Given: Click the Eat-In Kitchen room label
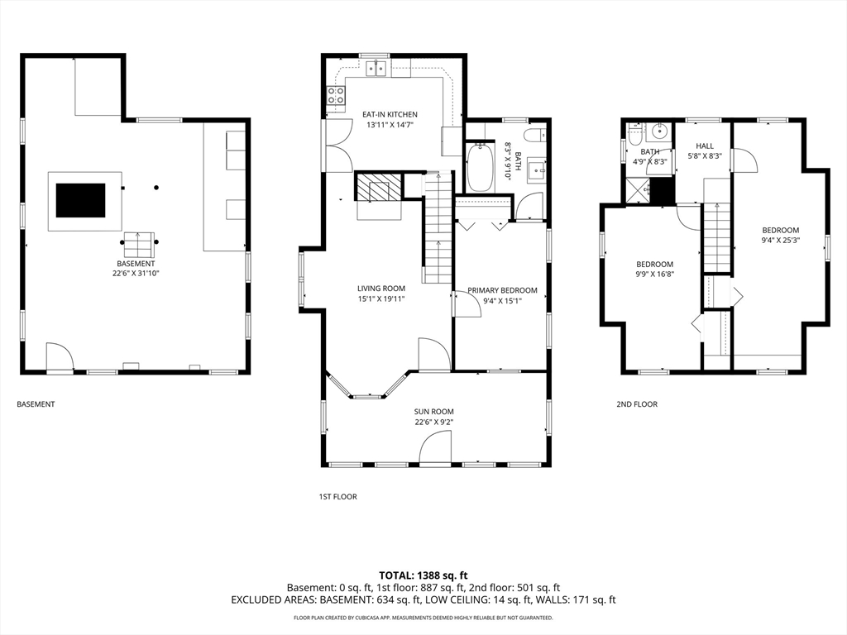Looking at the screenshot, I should click(x=390, y=114).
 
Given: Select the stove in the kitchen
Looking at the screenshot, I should click(x=336, y=99).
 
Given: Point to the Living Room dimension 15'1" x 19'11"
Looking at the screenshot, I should click(x=381, y=299).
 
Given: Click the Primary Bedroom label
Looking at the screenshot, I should click(x=502, y=290).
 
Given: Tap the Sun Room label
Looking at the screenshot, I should click(x=433, y=411).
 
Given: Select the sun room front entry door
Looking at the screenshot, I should click(x=435, y=451).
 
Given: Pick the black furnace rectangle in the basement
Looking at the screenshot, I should click(x=80, y=200).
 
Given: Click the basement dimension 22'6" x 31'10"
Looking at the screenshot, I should click(x=135, y=272).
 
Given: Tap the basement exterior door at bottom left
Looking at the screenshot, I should click(x=60, y=358).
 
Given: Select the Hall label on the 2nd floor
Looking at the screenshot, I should click(x=704, y=146).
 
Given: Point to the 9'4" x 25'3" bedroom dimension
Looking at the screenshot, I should click(x=780, y=241).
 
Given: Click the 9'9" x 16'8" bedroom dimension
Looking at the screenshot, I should click(x=654, y=275).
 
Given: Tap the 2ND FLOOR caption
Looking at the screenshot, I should click(x=636, y=404).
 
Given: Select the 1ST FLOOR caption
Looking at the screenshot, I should click(x=337, y=497).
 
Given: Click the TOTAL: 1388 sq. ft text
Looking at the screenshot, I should click(x=423, y=575).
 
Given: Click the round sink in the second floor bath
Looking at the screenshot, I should click(x=660, y=131).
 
